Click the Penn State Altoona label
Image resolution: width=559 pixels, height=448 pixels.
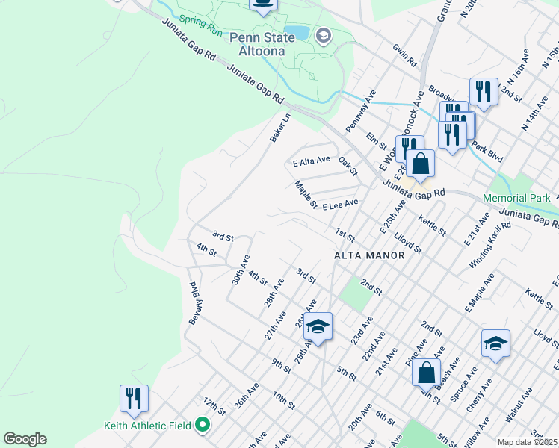pos(266,44)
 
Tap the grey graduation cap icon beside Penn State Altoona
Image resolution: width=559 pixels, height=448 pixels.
pos(324,35)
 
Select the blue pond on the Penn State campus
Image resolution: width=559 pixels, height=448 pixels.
pos(297,31)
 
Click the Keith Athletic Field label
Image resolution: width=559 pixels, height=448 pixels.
pos(147,426)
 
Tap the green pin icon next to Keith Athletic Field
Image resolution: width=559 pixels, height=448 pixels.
pos(203,426)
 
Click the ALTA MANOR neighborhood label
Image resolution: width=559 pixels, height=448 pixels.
pos(368,255)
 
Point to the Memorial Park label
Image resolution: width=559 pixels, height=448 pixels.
pos(516,199)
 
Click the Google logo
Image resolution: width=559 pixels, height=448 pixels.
pos(25,439)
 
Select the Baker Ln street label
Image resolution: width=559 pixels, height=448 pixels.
pos(280,128)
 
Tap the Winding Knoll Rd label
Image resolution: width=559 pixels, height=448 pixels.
pos(490,245)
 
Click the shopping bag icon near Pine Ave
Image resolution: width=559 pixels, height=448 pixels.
pos(425,372)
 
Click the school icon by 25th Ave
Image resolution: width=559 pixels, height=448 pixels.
pos(318,326)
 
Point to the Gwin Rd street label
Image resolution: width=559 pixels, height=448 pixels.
pos(404,57)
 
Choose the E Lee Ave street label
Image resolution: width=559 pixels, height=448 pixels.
pos(340,203)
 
